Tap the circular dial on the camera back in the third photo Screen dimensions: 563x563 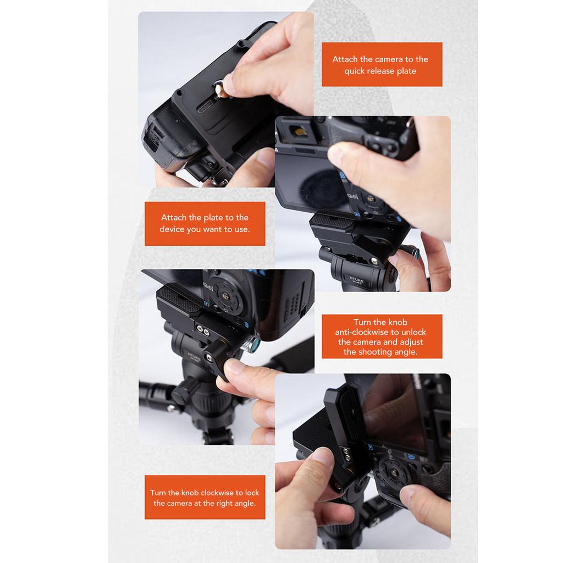pyautogui.click(x=224, y=294)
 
